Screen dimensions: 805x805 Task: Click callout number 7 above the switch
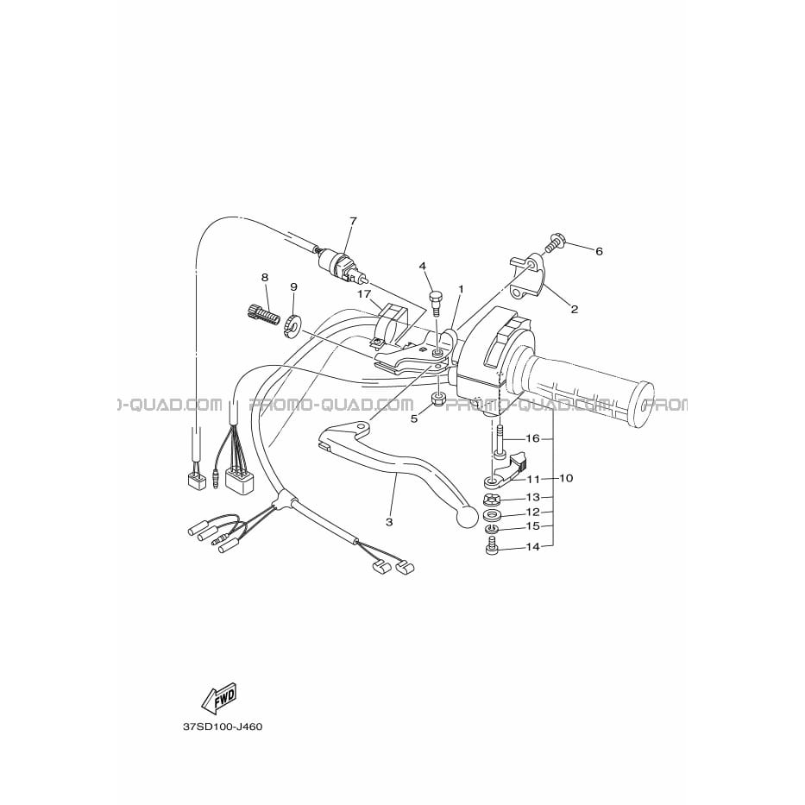click(353, 221)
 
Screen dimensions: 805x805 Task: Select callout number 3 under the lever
click(389, 523)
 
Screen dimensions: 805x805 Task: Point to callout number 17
click(364, 295)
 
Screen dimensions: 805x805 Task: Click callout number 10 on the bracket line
click(566, 478)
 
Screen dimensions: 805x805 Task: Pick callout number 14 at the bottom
click(533, 547)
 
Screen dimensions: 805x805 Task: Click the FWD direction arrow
click(219, 697)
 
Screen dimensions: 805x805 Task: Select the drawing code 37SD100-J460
click(223, 727)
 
